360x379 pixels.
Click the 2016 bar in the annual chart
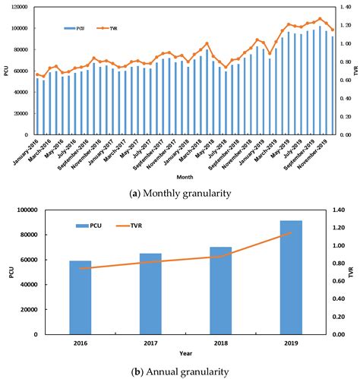80,297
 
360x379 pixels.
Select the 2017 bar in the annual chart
150,293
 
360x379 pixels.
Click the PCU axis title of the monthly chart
6,70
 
